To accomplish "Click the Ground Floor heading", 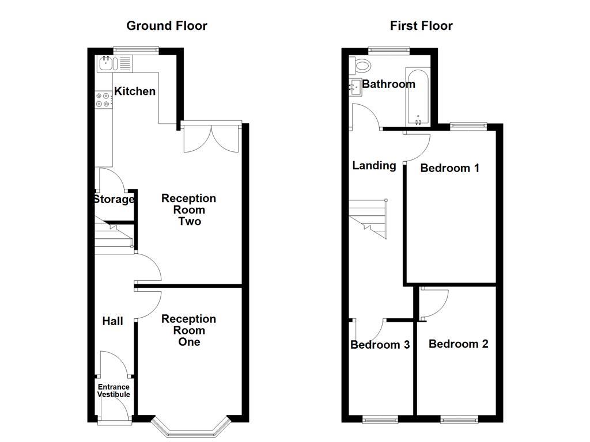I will (167, 26).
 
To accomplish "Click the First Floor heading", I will (421, 26).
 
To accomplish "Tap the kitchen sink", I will (106, 62).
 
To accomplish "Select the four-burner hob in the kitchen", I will (103, 100).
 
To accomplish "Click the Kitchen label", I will (135, 91).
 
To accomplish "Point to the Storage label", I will (114, 200).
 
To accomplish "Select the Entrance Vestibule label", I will (114, 391).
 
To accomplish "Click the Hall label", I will (112, 321).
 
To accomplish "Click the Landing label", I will (374, 166).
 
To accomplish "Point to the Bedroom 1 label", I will (449, 168).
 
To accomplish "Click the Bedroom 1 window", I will (468, 124).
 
